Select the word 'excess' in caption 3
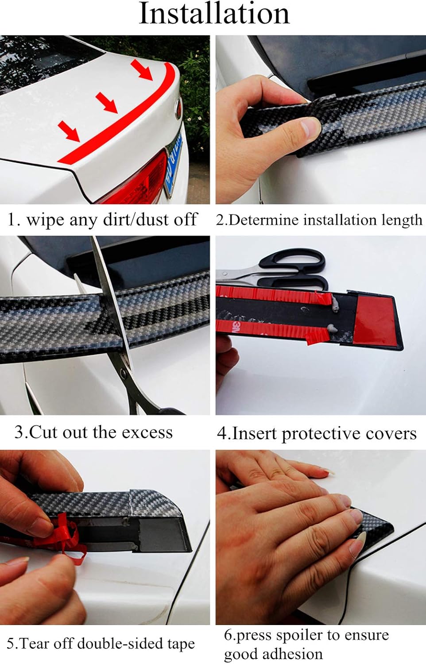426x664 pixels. coord(147,432)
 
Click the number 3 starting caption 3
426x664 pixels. coord(19,432)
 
